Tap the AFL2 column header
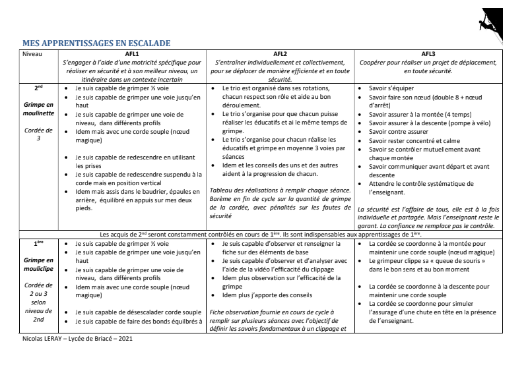point(279,53)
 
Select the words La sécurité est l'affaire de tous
point(403,208)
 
